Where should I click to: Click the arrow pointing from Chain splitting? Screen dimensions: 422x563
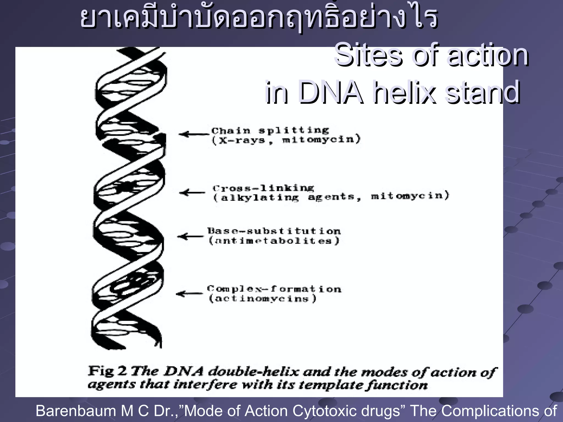pos(194,134)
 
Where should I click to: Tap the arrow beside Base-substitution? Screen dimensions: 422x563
pos(191,236)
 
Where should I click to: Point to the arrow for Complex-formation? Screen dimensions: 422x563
pos(189,294)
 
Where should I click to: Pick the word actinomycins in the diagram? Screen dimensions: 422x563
pos(263,299)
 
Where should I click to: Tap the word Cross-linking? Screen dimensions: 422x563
pos(263,188)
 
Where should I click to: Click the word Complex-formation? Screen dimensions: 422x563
pos(274,289)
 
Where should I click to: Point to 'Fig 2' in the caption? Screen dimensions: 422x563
pos(107,371)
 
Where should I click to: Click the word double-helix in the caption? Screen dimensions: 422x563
pos(253,372)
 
